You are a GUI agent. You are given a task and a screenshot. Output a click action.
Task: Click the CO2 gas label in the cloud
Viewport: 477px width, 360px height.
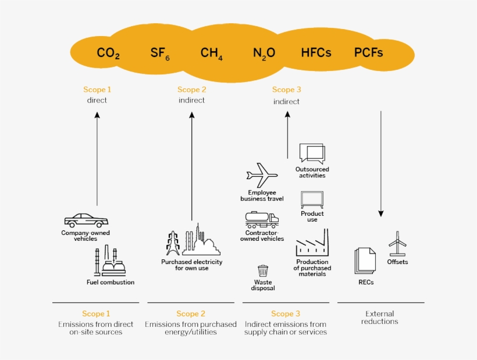tap(108, 54)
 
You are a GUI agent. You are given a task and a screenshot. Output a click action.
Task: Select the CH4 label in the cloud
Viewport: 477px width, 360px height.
tap(211, 54)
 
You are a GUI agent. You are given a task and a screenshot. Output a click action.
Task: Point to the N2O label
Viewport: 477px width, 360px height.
tap(264, 54)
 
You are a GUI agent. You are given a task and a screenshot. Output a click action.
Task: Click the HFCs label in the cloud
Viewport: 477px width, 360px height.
tap(316, 53)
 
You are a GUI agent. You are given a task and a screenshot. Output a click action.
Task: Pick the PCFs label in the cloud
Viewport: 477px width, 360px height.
tap(368, 53)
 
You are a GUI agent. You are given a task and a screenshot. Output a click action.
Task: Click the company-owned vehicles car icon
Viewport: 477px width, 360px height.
tap(86, 220)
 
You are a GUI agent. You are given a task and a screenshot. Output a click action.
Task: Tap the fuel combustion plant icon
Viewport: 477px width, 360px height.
tap(110, 261)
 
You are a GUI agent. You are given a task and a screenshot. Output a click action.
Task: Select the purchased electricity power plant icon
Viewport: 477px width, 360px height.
tap(193, 241)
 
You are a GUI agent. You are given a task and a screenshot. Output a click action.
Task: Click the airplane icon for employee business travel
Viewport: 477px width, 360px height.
tap(262, 175)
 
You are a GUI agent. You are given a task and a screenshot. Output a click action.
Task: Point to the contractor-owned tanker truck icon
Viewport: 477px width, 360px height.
tap(262, 220)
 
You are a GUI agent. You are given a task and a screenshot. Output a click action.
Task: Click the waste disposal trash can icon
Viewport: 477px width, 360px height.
tap(263, 272)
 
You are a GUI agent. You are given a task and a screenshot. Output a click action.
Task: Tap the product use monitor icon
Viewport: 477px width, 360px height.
tap(312, 199)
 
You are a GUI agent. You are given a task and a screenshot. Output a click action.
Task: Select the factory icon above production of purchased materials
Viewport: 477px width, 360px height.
tap(312, 244)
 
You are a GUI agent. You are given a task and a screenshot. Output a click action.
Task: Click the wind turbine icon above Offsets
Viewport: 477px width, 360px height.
tap(397, 243)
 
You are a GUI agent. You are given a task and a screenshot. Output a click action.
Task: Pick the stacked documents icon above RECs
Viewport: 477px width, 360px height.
tap(365, 261)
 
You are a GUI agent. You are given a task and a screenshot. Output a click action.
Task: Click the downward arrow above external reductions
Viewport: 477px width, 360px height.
tap(381, 163)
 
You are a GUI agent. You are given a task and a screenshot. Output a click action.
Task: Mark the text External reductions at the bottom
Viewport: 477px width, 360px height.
tap(381, 318)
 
